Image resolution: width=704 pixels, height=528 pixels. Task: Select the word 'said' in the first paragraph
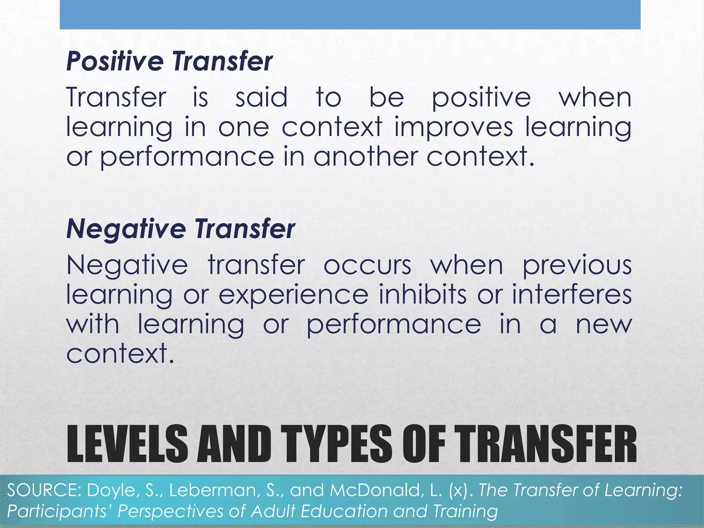pyautogui.click(x=261, y=97)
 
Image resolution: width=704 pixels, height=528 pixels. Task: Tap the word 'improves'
pyautogui.click(x=453, y=127)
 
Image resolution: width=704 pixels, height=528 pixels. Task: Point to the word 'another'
pyautogui.click(x=365, y=156)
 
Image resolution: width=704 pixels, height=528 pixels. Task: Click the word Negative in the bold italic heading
pyautogui.click(x=126, y=229)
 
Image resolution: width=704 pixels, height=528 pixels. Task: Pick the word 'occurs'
pyautogui.click(x=367, y=265)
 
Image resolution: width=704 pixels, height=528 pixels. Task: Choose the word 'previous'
pyautogui.click(x=577, y=265)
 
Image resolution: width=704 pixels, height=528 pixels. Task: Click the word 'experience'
pyautogui.click(x=293, y=295)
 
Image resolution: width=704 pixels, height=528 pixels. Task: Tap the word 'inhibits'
pyautogui.click(x=422, y=295)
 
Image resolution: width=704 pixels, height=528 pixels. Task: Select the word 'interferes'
pyautogui.click(x=572, y=295)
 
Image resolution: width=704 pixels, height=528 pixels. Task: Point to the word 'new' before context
pyautogui.click(x=604, y=324)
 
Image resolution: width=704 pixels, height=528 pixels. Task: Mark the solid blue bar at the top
pyautogui.click(x=350, y=14)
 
